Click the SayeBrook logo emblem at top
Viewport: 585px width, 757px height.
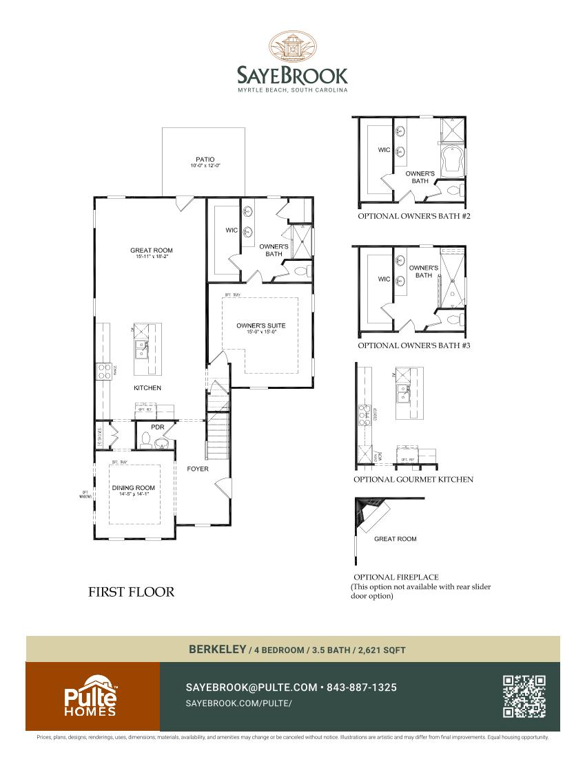[292, 47]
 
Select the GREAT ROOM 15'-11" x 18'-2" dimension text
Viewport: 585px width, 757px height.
[151, 256]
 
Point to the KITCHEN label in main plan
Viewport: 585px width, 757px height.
[147, 388]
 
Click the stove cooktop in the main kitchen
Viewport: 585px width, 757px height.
[104, 372]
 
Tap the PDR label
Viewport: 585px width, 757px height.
[158, 427]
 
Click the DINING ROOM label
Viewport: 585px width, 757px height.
[134, 488]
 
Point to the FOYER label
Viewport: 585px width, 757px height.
[197, 469]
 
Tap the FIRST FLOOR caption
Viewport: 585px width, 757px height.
[131, 592]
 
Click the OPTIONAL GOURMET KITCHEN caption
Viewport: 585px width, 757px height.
[413, 480]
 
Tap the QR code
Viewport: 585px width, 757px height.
[524, 696]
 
